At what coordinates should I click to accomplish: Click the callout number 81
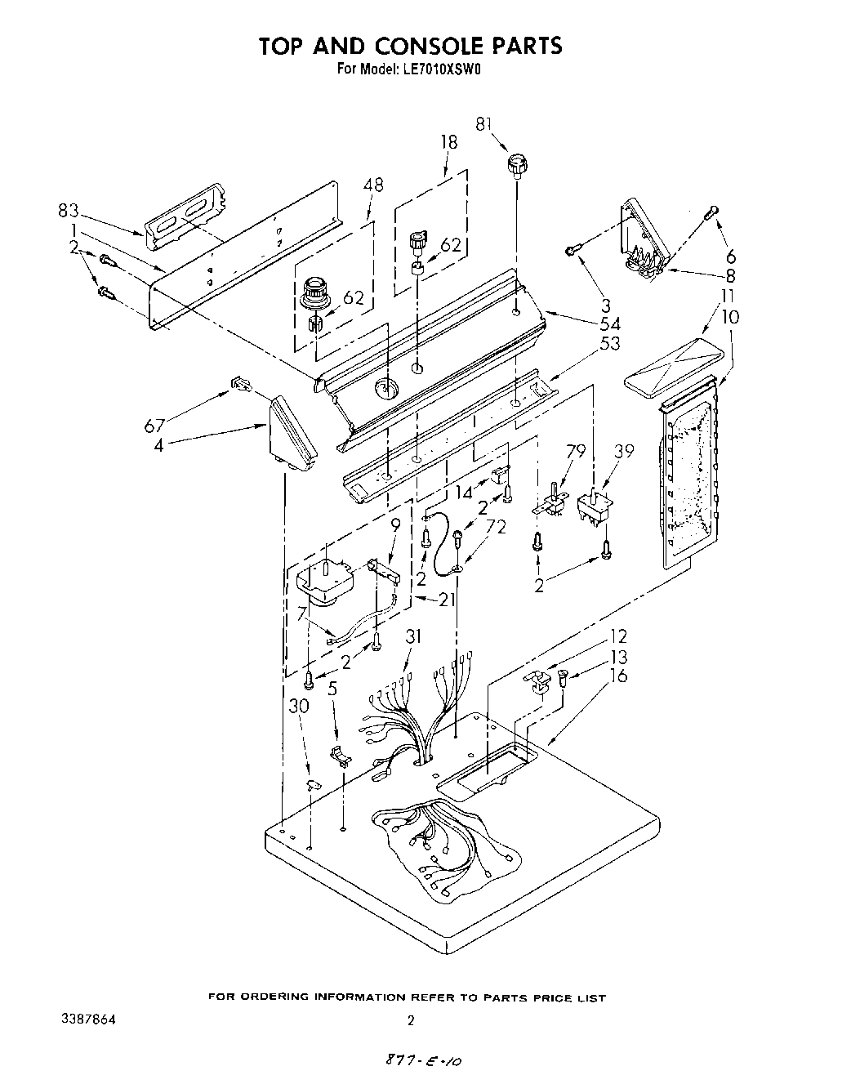point(485,123)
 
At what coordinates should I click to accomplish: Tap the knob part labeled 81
point(516,164)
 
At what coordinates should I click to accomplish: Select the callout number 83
point(69,211)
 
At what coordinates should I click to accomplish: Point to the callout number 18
point(448,142)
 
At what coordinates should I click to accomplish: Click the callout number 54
point(610,325)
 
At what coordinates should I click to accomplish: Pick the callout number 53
point(609,343)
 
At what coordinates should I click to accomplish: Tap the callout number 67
point(155,425)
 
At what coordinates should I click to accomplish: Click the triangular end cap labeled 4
point(292,433)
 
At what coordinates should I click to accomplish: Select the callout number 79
point(577,450)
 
